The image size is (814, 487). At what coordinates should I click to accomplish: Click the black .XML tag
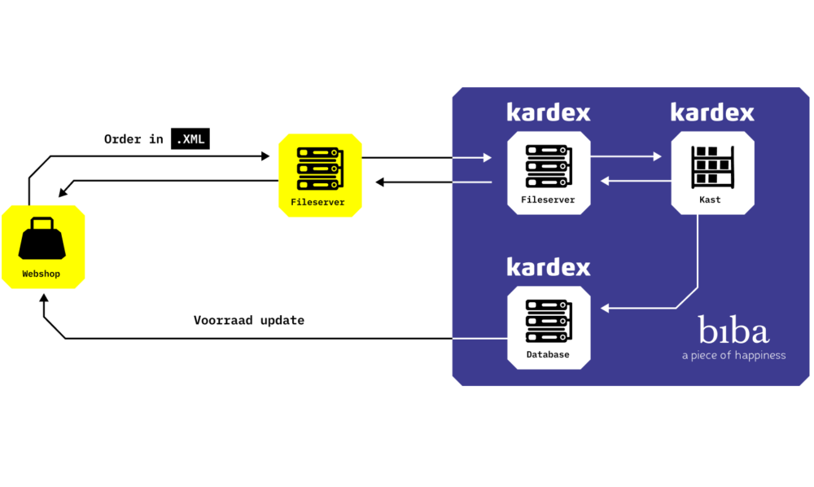click(190, 139)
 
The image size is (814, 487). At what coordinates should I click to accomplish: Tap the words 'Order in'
click(133, 139)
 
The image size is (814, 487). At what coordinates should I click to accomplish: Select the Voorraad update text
click(249, 320)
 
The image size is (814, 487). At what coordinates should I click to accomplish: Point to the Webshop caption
click(42, 274)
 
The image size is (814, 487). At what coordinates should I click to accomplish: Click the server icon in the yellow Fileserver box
click(319, 166)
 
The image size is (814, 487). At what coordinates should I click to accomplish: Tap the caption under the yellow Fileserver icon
click(319, 200)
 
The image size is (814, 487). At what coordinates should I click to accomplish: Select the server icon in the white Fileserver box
click(548, 165)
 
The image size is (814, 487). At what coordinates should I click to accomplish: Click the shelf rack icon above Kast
click(711, 165)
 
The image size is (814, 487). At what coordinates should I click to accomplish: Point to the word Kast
click(711, 200)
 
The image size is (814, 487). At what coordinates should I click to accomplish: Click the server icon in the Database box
click(548, 320)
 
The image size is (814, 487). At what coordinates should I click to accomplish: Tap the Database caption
click(548, 355)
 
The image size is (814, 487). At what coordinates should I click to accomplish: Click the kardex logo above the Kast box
click(711, 112)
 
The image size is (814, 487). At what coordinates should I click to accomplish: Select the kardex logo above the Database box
click(548, 266)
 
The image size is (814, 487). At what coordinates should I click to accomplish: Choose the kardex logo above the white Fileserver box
click(548, 112)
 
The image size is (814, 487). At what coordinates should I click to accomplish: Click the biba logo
click(733, 331)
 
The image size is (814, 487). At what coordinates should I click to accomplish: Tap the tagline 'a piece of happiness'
click(733, 355)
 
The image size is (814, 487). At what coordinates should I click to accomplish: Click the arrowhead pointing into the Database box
click(606, 308)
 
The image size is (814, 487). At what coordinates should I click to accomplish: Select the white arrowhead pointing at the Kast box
click(658, 156)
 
